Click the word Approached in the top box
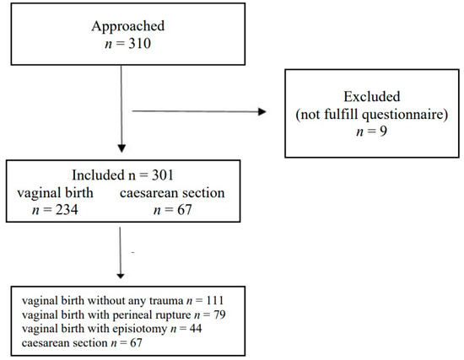click(122, 25)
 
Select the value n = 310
click(122, 42)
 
